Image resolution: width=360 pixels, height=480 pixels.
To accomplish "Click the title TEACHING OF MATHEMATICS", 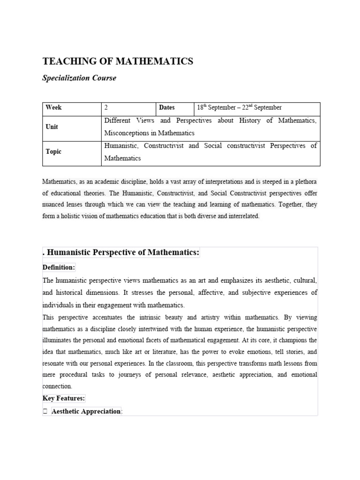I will pos(118,61).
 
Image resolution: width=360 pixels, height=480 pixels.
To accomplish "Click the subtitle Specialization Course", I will pos(79,78).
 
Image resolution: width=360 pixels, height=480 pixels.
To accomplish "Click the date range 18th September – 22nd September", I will pos(239,107).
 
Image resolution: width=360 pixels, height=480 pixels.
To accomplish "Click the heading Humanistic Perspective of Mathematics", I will pos(122,253).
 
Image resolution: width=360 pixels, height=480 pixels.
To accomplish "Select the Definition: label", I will pos(59,267).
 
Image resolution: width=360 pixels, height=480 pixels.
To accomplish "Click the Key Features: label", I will pos(64,398).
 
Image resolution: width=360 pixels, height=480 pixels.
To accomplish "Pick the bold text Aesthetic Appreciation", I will pos(86,411).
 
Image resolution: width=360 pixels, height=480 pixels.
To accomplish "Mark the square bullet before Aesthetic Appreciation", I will pos(45,412).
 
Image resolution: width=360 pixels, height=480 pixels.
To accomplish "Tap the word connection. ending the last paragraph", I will pos(57,386).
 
